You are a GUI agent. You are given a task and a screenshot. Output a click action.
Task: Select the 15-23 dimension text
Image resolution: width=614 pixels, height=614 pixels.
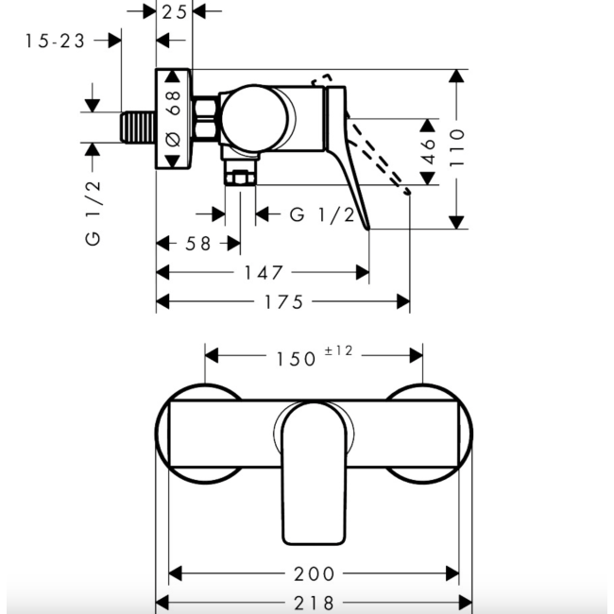pyautogui.click(x=55, y=41)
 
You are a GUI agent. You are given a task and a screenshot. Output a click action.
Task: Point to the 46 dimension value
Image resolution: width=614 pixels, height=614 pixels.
pyautogui.click(x=428, y=151)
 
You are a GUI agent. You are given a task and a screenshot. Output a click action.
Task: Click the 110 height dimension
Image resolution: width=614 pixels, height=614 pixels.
pyautogui.click(x=458, y=148)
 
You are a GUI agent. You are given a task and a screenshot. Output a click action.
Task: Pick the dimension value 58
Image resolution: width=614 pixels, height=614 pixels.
pyautogui.click(x=198, y=244)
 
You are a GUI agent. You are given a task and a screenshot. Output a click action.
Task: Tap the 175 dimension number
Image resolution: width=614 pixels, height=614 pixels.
pyautogui.click(x=282, y=302)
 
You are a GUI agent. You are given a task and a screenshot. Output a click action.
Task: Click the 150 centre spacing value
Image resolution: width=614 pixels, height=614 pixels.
pyautogui.click(x=295, y=357)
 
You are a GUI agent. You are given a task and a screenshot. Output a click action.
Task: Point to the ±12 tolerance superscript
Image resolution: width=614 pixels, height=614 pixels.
pyautogui.click(x=338, y=350)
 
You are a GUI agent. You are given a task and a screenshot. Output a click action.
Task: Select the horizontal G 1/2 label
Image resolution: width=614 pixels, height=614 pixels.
pyautogui.click(x=321, y=215)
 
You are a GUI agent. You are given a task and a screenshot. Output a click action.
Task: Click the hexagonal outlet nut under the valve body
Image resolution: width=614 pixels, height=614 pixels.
pyautogui.click(x=240, y=175)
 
